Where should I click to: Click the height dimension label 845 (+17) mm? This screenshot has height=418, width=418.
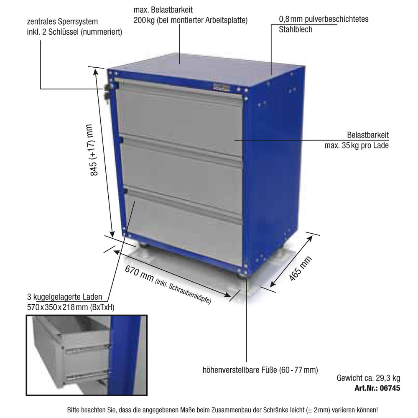pyautogui.click(x=95, y=150)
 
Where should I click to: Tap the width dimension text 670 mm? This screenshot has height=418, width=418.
pyautogui.click(x=139, y=273)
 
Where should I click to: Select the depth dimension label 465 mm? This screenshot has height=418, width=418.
pyautogui.click(x=300, y=268)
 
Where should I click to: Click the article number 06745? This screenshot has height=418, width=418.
pyautogui.click(x=390, y=388)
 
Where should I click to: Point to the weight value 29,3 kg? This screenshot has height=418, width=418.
pyautogui.click(x=388, y=378)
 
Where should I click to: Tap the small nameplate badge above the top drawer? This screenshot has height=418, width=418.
pyautogui.click(x=221, y=87)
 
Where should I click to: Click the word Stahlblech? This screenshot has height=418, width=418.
pyautogui.click(x=296, y=29)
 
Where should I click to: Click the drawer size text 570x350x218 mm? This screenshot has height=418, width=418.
pyautogui.click(x=58, y=307)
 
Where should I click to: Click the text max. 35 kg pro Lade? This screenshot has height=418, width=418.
pyautogui.click(x=357, y=145)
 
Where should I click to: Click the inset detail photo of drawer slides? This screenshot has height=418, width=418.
pyautogui.click(x=87, y=355)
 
